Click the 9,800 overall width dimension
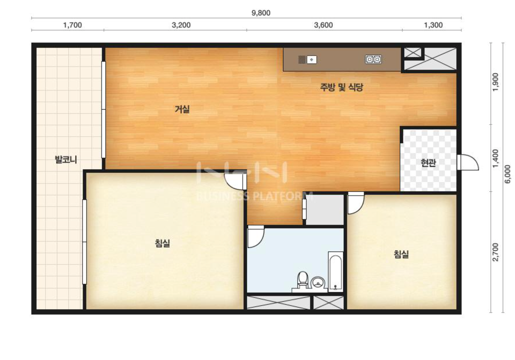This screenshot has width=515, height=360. coord(261,13)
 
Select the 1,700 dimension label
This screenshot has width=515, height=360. coord(73,25)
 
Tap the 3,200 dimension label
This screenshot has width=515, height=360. coord(181,25)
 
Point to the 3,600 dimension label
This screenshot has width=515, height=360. coord(323,25)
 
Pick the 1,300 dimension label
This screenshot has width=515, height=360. coord(433,25)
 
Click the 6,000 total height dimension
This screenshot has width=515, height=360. coord(508,174)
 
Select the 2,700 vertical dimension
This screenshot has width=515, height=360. coord(496,252)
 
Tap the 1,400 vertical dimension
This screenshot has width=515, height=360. coord(496,159)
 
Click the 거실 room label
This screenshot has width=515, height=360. coord(182,109)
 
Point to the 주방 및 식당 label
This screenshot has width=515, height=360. coord(341,87)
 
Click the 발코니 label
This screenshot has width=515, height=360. coord(66,160)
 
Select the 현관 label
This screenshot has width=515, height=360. coord(428,163)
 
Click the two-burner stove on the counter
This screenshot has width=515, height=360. coord(373,60)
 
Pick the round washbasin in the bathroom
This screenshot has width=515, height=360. coord(318,283)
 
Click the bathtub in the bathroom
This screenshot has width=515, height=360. coord(336,272)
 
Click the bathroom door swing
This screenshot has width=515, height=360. coord(256,237)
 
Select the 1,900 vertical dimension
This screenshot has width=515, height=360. coord(496,82)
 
